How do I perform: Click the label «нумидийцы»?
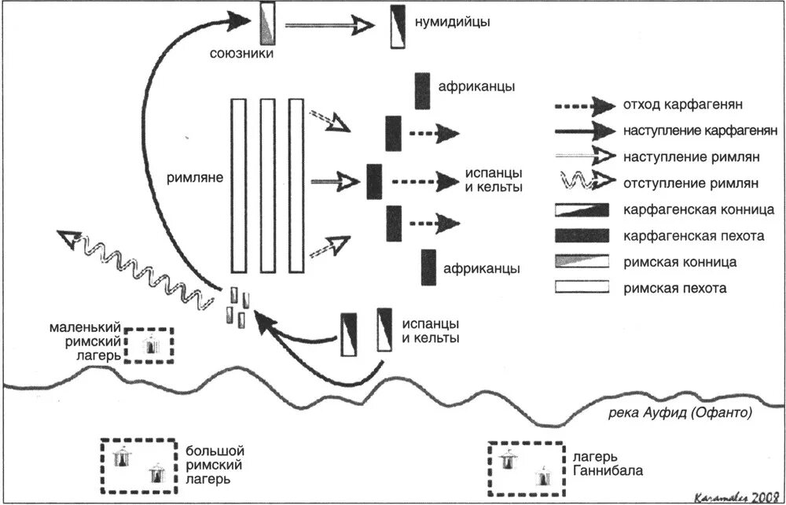[452, 22]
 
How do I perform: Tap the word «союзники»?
[242, 53]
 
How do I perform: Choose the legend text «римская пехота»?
[674, 288]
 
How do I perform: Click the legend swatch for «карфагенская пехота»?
[582, 236]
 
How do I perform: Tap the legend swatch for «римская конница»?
[582, 261]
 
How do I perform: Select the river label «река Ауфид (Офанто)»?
[680, 413]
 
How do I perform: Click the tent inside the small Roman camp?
[150, 345]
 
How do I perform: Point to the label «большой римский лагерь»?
[214, 464]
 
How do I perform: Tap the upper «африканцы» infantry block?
[422, 90]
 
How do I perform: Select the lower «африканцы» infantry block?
[428, 267]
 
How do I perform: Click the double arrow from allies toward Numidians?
[329, 25]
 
